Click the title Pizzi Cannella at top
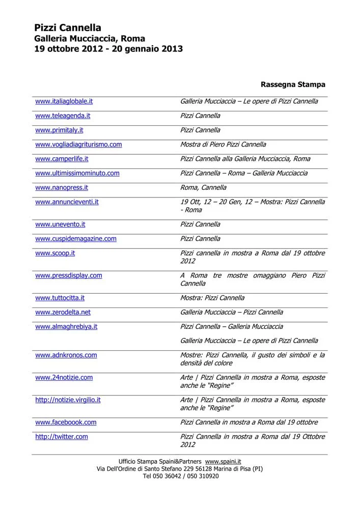[68, 27]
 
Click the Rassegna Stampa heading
[293, 84]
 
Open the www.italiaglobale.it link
[64, 101]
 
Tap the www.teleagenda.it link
[63, 116]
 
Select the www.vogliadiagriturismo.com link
[78, 144]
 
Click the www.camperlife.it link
[62, 159]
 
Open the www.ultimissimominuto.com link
[77, 173]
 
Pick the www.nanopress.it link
[61, 187]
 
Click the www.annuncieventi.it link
[67, 202]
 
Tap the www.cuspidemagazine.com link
[75, 238]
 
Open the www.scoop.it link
[55, 253]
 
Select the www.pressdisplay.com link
[68, 275]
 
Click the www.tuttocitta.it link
[60, 298]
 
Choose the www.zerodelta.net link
[63, 312]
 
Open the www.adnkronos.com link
[66, 355]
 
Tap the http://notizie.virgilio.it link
[68, 400]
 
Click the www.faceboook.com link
[66, 422]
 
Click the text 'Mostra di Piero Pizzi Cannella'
[223, 144]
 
